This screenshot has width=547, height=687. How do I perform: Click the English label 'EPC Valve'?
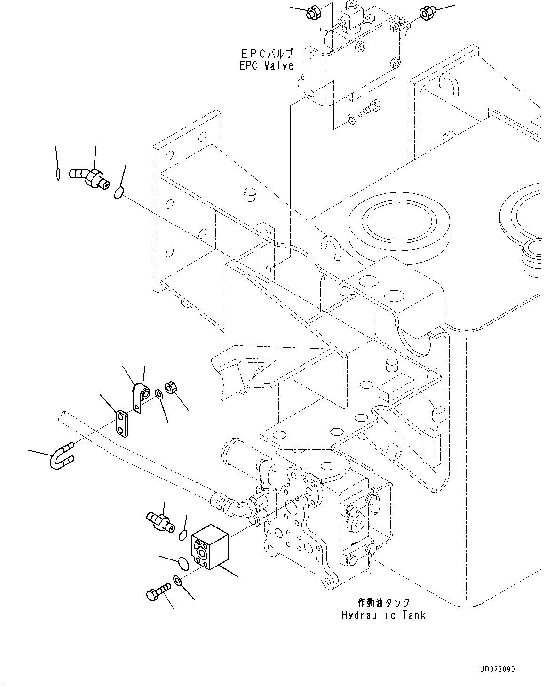[266, 65]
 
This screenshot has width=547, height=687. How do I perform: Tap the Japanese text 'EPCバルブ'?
[266, 53]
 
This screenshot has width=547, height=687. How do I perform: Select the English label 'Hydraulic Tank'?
[383, 615]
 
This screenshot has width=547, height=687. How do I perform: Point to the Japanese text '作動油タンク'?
[383, 602]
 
